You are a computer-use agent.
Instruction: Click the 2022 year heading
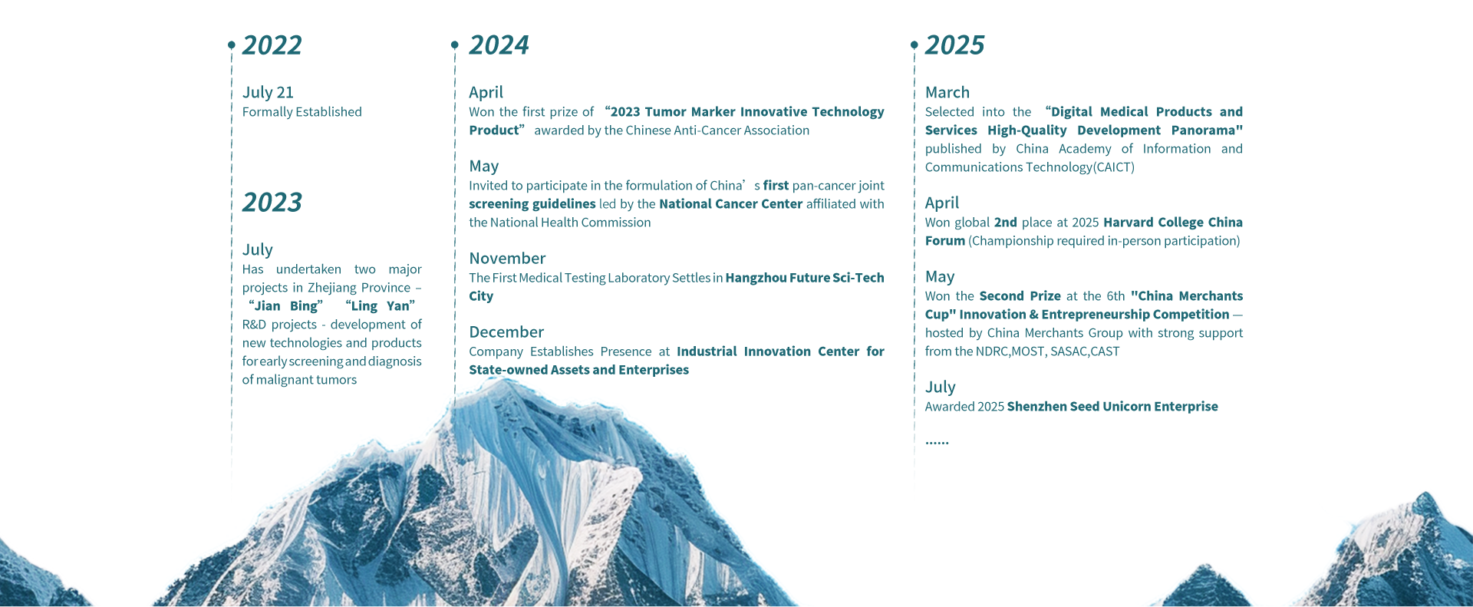(272, 45)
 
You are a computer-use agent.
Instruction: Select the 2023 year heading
(272, 203)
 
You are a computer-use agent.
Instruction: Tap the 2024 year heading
(499, 45)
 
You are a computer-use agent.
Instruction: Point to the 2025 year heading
(954, 45)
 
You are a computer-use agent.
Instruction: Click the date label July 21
(268, 93)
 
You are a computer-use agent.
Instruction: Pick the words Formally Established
(302, 112)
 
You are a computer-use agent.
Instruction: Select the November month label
(507, 259)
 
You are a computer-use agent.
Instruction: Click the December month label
(506, 332)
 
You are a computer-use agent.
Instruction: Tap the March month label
(947, 93)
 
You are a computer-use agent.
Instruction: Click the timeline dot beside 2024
(455, 45)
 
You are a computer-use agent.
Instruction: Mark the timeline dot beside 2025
(914, 45)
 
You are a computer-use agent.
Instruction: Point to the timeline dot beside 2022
(232, 45)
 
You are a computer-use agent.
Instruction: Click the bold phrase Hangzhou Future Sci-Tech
(805, 278)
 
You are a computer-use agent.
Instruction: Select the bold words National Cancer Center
(730, 204)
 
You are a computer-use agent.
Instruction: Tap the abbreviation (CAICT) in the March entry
(1114, 167)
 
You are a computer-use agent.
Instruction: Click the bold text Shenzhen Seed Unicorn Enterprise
(1112, 407)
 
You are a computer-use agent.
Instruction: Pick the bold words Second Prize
(1020, 296)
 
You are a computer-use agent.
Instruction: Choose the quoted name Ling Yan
(381, 306)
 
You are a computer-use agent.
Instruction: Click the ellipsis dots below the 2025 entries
(937, 443)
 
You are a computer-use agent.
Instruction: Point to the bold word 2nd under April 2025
(1006, 223)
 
